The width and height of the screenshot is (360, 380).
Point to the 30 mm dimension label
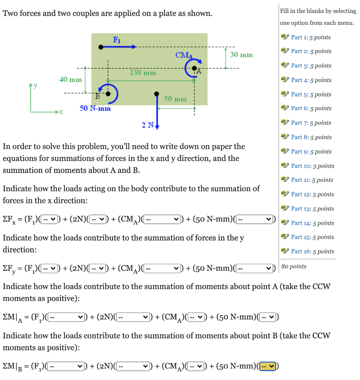(x=241, y=55)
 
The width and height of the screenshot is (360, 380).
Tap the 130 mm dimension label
(x=143, y=72)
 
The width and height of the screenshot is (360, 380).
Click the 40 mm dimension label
(x=71, y=79)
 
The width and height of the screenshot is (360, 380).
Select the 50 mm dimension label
(x=175, y=99)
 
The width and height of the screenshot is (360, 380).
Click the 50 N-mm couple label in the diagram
(x=95, y=109)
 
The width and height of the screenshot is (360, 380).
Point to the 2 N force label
(x=147, y=125)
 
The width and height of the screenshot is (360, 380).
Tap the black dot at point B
(x=108, y=94)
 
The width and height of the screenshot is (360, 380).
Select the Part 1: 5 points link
(x=311, y=37)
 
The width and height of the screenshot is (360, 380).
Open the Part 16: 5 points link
(x=312, y=251)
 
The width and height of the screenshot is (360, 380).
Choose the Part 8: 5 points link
(x=311, y=137)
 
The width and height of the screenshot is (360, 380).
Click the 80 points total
(x=294, y=266)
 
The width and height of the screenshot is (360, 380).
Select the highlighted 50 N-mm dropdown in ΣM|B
(x=268, y=366)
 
